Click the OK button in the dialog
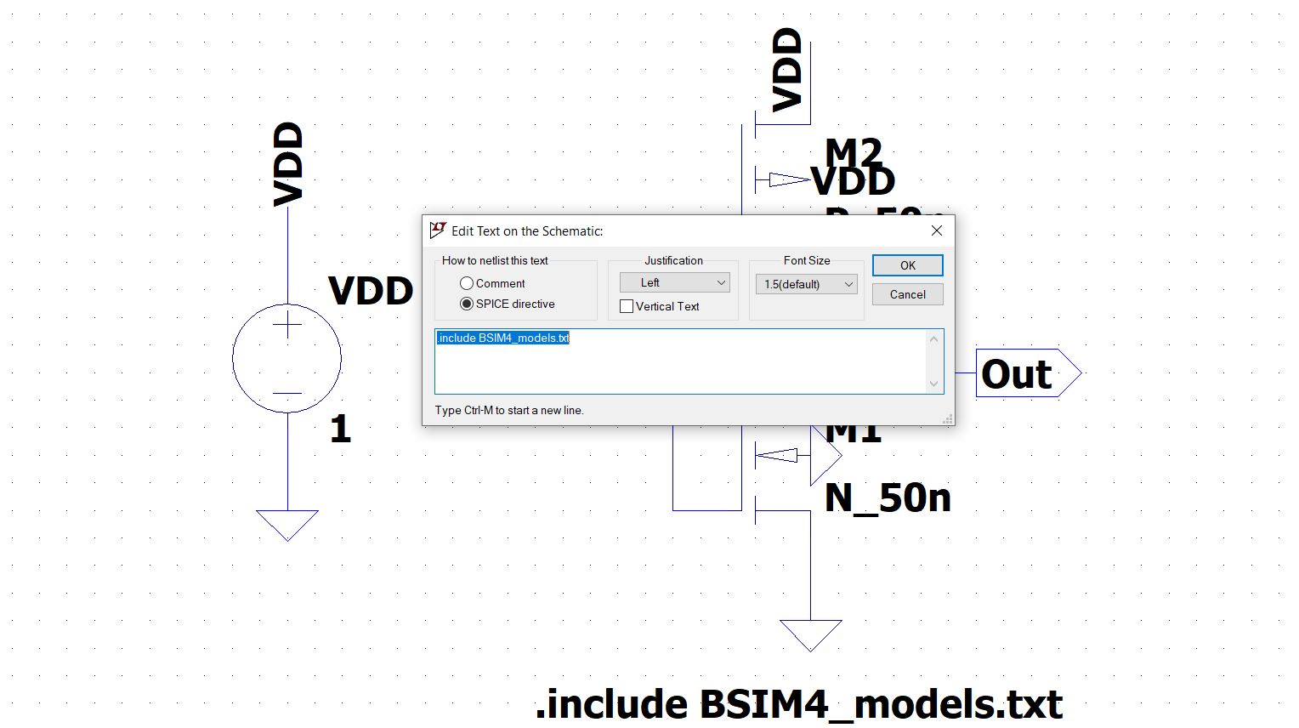(907, 265)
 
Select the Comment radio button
(467, 283)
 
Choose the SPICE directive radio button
(467, 304)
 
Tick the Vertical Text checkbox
(627, 306)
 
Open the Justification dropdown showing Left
(674, 282)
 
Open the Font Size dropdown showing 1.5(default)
(806, 284)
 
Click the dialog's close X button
(936, 230)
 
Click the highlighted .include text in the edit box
(503, 338)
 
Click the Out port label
(1017, 373)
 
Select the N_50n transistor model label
(888, 498)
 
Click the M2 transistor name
(854, 152)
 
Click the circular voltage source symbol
(287, 359)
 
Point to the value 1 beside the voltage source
(340, 429)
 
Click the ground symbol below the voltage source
(287, 524)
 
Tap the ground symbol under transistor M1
(810, 634)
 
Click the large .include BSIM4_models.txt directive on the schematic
(798, 704)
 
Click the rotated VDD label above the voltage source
(288, 164)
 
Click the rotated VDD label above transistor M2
(787, 70)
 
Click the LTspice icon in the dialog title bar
(438, 230)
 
